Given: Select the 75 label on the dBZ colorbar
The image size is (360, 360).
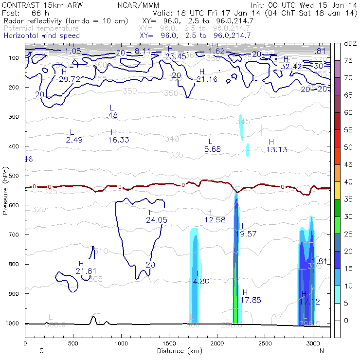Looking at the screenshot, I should tap(349, 61).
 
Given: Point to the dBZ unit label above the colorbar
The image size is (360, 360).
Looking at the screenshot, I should tap(350, 44).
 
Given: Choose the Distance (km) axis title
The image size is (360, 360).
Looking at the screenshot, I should tap(177, 351).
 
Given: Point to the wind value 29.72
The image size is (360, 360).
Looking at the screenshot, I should tap(69, 79).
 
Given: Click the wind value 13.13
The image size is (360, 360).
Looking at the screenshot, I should tap(277, 149).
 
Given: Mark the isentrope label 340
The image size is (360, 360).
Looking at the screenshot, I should tap(172, 139).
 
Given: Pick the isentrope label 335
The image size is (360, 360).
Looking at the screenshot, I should tap(177, 155).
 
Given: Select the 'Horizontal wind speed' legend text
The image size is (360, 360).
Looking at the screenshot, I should tap(42, 36).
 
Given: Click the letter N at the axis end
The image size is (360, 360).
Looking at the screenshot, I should tap(322, 351).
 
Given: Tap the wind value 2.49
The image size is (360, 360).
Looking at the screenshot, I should tap(74, 140).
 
